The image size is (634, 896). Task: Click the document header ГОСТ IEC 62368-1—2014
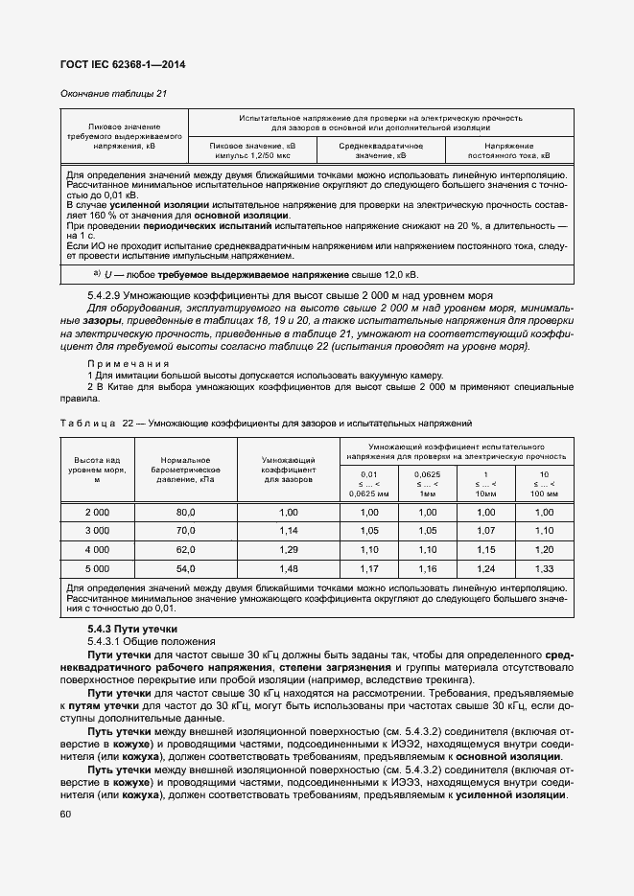[x=123, y=64]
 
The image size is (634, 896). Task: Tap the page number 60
[x=65, y=815]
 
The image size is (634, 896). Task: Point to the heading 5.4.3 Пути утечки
[x=126, y=629]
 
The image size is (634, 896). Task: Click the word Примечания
[x=129, y=364]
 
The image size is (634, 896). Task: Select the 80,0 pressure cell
[x=185, y=513]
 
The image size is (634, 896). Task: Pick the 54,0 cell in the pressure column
[x=185, y=568]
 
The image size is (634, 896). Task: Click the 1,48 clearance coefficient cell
[x=289, y=568]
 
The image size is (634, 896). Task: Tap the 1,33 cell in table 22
[x=544, y=568]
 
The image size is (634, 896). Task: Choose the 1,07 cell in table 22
[x=486, y=531]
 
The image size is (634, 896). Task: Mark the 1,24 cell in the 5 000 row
[x=486, y=568]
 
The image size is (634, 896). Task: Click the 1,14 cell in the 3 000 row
[x=289, y=531]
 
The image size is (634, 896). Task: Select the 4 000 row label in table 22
[x=98, y=550]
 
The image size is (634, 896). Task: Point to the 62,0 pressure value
[x=185, y=550]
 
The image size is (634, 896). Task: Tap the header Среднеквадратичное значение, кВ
[x=381, y=149]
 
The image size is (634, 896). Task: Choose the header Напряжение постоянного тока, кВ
[x=508, y=149]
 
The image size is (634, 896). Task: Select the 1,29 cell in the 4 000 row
[x=289, y=550]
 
